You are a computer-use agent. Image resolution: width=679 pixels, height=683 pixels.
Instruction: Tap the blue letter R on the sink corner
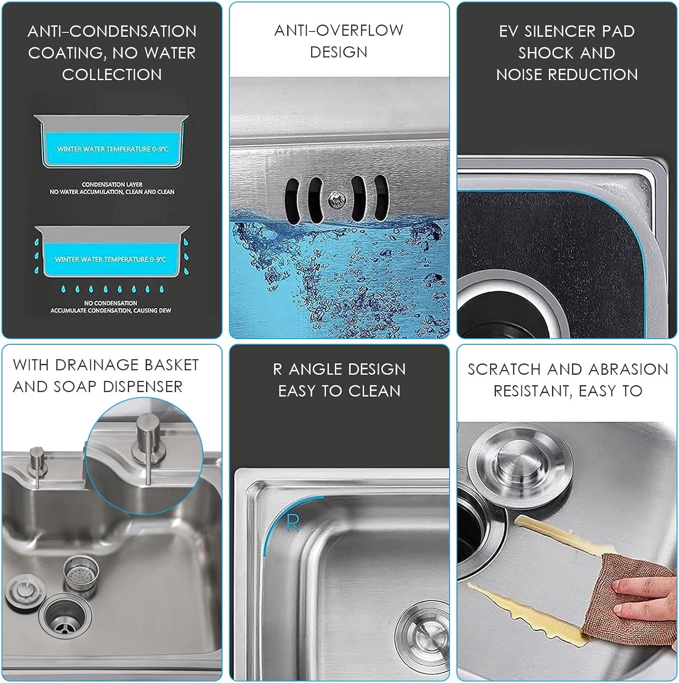pyautogui.click(x=293, y=523)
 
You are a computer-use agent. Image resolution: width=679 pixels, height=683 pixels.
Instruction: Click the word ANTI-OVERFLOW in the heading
pyautogui.click(x=339, y=31)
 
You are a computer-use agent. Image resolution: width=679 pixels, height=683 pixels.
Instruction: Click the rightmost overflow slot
pyautogui.click(x=381, y=198)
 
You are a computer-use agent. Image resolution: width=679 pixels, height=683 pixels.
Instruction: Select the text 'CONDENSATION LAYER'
pyautogui.click(x=112, y=184)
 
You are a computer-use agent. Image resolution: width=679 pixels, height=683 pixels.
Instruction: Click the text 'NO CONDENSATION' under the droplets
pyautogui.click(x=111, y=303)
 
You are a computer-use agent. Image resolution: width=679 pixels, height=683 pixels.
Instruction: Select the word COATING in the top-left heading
pyautogui.click(x=67, y=53)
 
